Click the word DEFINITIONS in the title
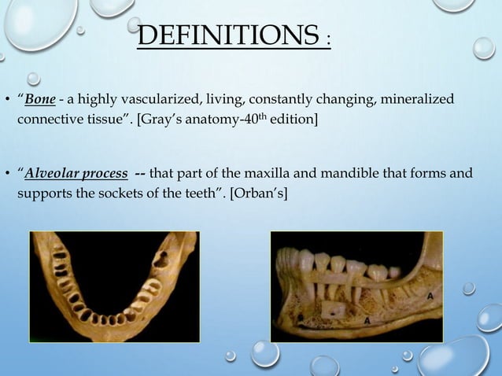[228, 35]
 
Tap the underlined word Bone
[39, 101]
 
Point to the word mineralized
[418, 101]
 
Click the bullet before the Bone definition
[7, 101]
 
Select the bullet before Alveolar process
[7, 174]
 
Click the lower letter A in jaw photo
[367, 321]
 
